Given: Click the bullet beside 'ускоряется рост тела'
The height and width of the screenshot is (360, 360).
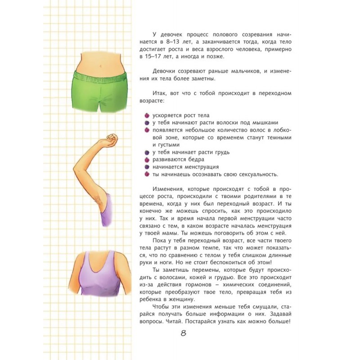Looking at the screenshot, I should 147,116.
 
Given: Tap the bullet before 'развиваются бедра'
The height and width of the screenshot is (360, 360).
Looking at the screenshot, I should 147,159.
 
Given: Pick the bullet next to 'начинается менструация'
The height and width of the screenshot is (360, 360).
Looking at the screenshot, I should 147,166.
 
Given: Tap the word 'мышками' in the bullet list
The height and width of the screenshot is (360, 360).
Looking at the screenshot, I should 266,123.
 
